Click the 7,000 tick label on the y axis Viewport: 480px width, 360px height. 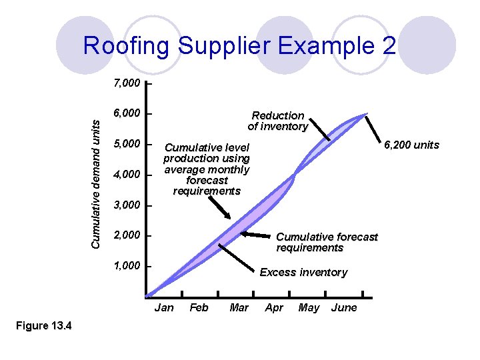[127, 84]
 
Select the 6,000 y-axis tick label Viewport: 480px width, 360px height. [127, 114]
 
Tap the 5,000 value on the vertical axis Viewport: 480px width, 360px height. [127, 144]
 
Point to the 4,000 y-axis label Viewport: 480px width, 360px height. [127, 175]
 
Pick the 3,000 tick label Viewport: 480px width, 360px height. [127, 205]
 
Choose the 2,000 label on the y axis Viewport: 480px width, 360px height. [127, 235]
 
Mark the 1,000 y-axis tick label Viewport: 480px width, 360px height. [127, 266]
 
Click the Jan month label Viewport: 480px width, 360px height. [164, 307]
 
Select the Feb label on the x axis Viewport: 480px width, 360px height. [199, 307]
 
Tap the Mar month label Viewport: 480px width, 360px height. [239, 307]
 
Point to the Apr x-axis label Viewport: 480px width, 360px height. [274, 307]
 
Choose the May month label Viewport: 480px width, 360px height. [309, 307]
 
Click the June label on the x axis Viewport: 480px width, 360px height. [344, 307]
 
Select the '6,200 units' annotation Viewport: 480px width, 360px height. [411, 145]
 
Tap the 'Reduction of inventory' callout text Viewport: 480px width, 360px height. [277, 121]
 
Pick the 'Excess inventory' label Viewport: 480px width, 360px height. [303, 272]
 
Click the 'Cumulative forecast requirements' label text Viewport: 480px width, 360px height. [327, 242]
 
